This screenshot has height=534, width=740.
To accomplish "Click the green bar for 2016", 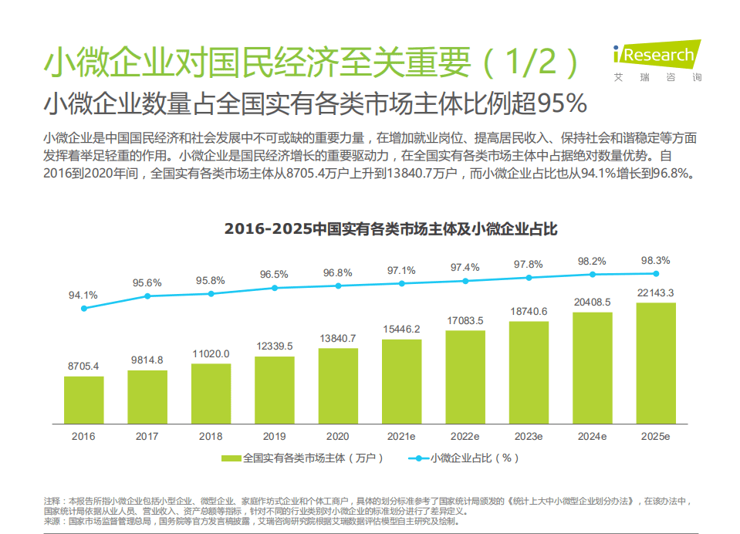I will tap(83, 399).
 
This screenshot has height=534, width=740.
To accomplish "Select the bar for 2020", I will tap(338, 385).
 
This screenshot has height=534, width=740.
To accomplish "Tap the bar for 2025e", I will tap(656, 362).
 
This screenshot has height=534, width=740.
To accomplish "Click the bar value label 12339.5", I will tap(275, 344).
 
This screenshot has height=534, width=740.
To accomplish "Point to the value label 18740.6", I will tap(529, 311).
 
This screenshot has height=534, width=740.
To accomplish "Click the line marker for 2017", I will tap(147, 296).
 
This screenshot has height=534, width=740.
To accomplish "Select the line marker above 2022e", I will tap(465, 280).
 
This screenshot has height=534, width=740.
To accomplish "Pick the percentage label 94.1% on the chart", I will tap(83, 295).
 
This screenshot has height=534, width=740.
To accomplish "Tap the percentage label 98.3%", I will tap(656, 260).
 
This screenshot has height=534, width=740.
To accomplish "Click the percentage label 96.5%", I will tap(274, 275).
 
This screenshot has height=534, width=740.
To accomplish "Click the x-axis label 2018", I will tap(211, 436).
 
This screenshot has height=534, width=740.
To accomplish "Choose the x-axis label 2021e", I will tap(401, 436).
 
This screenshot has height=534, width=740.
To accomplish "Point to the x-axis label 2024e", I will tap(593, 436).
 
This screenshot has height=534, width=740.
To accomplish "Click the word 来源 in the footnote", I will tap(52, 521).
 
